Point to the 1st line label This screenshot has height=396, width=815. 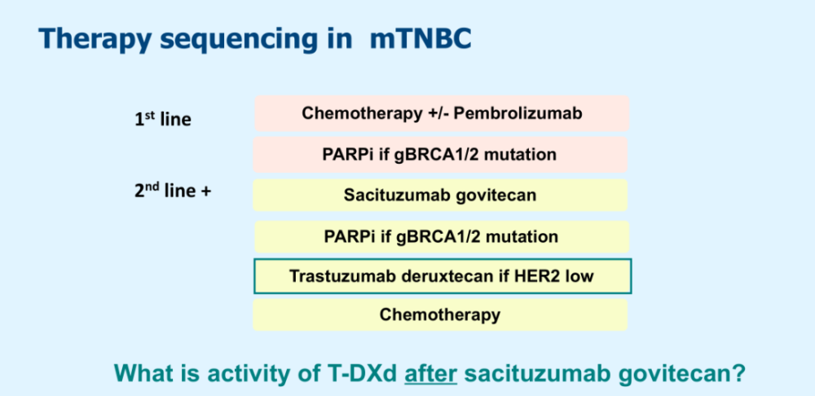click(162, 119)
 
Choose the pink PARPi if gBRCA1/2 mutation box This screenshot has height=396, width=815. click(441, 154)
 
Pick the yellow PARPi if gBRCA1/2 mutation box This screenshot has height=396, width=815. click(441, 237)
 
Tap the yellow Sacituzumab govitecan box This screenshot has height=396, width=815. click(440, 196)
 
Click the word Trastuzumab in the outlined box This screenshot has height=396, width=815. click(341, 276)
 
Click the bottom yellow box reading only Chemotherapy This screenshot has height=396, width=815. click(440, 315)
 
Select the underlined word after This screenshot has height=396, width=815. click(431, 372)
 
